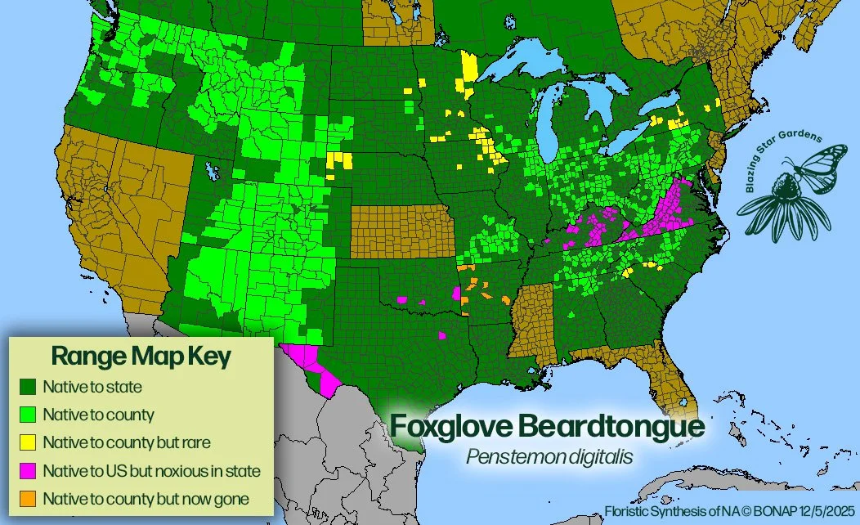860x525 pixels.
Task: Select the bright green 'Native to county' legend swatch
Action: (29, 415)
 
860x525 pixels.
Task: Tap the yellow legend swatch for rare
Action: (29, 442)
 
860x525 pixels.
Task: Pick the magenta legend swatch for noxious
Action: (29, 471)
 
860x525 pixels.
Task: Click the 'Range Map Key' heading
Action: (141, 357)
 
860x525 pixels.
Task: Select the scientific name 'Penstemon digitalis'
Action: (546, 456)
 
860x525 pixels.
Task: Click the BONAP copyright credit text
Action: (730, 511)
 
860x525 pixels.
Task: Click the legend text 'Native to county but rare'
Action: (127, 442)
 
